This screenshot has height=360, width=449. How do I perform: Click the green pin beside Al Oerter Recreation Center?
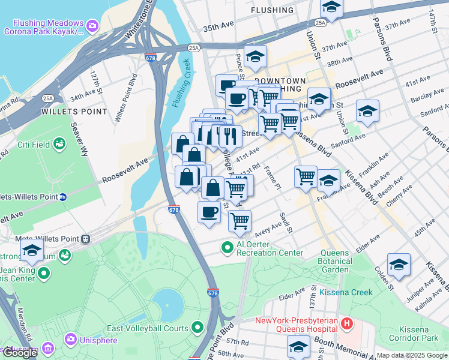coord(227,247)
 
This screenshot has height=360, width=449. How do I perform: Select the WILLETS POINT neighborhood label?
coord(74,112)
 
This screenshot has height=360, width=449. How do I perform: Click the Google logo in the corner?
coord(20,352)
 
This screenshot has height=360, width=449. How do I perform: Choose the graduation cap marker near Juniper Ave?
coord(399,265)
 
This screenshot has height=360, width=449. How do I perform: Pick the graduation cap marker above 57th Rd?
coord(298,346)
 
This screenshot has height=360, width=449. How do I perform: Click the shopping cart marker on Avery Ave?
coord(240,221)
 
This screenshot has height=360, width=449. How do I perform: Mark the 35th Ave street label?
coord(217,28)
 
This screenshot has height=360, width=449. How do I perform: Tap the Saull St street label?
coord(286,222)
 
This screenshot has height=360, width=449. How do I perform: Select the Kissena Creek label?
coord(346,292)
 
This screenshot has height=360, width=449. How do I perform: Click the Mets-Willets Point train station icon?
coord(86,239)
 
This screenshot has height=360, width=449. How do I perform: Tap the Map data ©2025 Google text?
coord(412,355)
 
